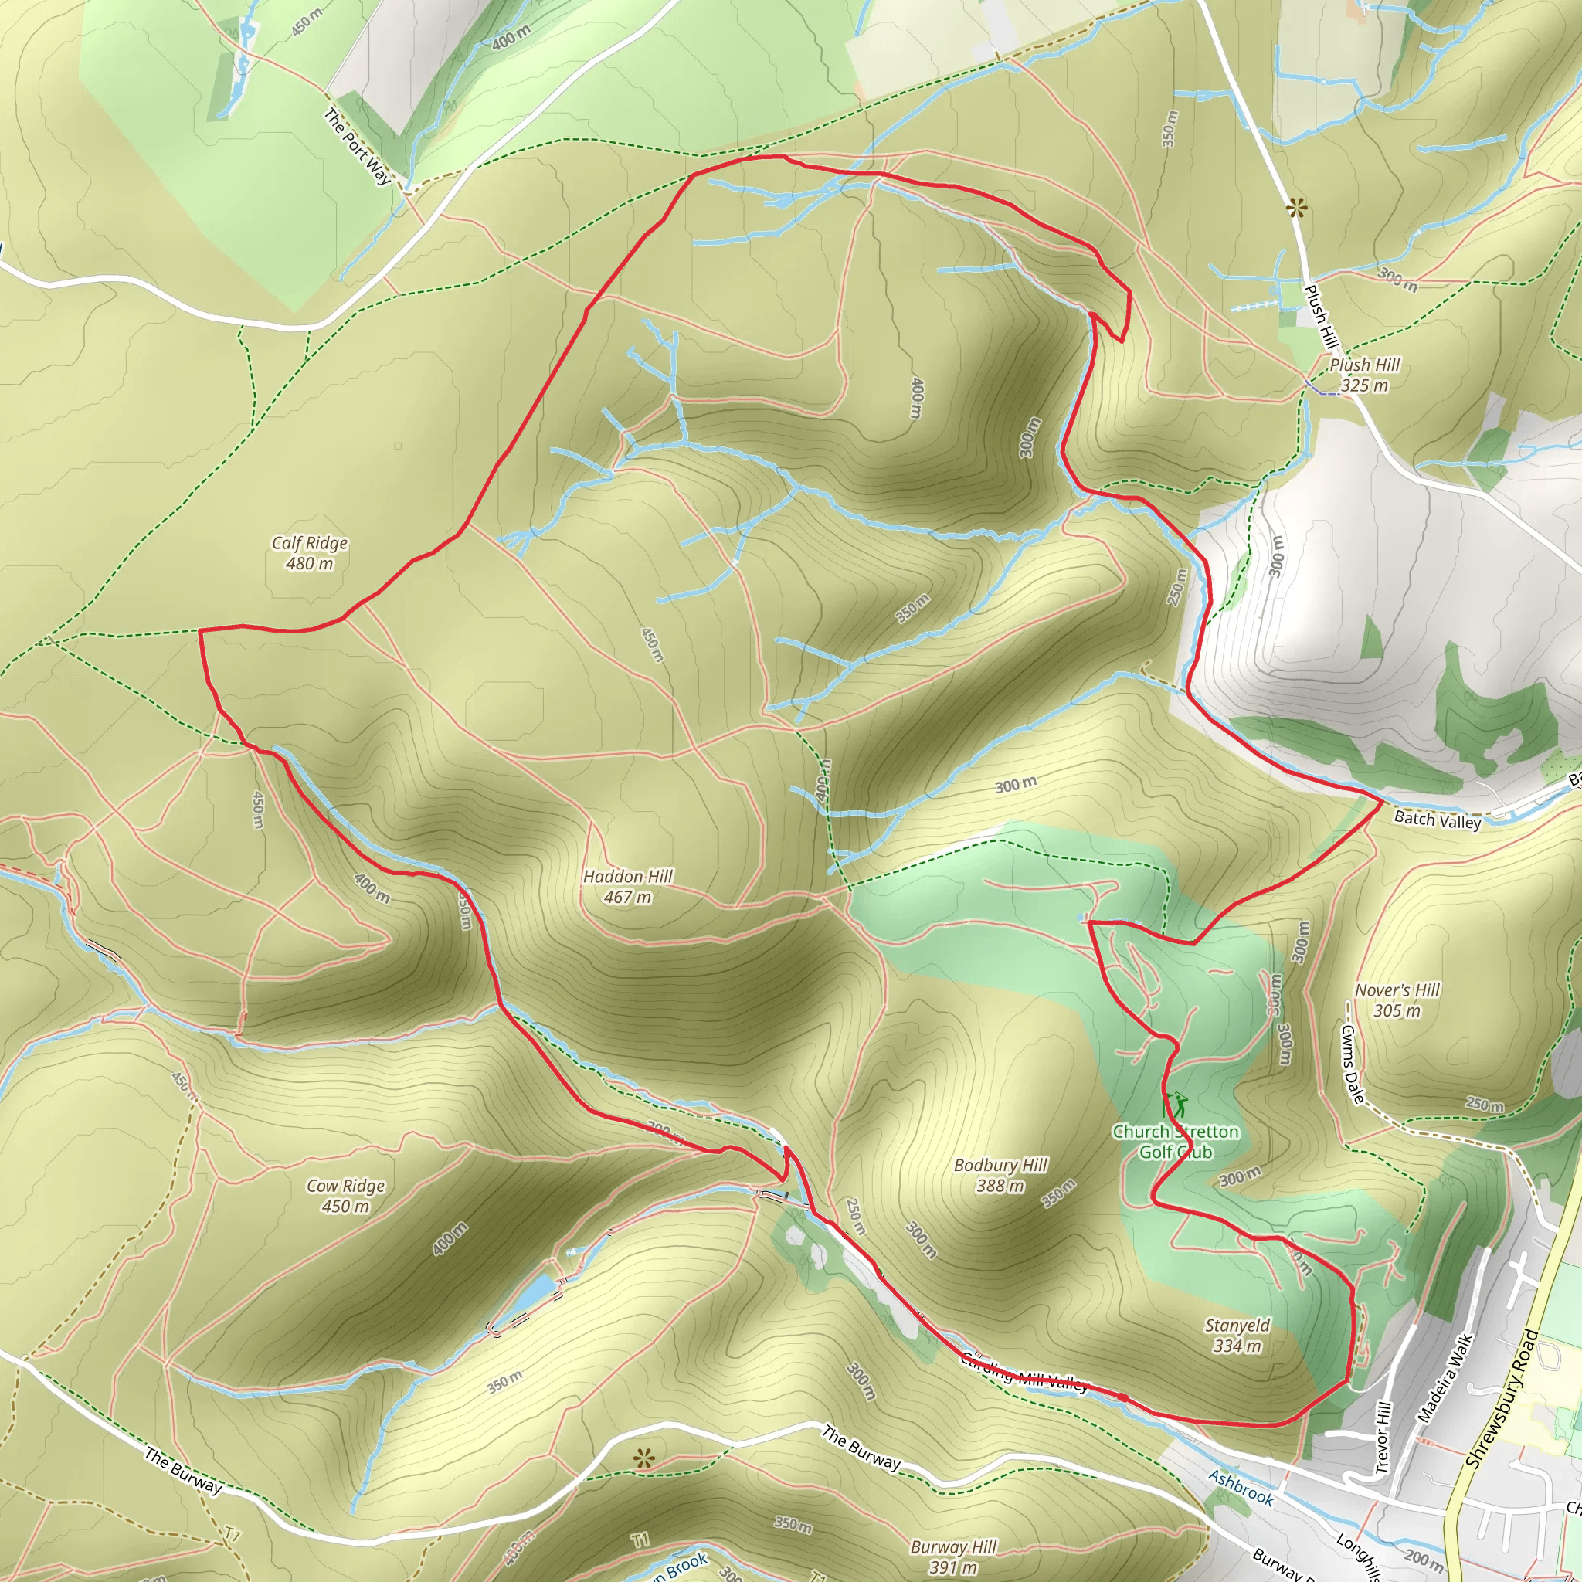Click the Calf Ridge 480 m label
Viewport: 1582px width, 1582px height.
coord(310,553)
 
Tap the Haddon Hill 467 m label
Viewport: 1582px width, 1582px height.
coord(627,887)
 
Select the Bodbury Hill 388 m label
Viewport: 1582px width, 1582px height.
coord(1000,1175)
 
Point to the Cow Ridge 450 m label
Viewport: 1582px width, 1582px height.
coord(345,1196)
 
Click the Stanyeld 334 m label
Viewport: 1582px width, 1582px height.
coord(1237,1336)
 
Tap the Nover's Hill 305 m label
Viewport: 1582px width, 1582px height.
coord(1397,1000)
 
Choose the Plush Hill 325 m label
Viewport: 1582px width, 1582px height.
coord(1364,375)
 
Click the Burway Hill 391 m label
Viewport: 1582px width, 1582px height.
coord(953,1557)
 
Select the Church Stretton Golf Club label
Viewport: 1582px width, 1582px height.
coord(1176,1142)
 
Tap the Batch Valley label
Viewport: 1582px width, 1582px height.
coord(1437,819)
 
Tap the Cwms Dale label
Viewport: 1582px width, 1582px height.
coord(1352,1064)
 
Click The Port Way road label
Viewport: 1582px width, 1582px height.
coord(358,146)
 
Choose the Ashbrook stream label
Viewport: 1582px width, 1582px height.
coord(1241,1488)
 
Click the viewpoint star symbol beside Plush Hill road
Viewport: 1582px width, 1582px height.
coord(1295,208)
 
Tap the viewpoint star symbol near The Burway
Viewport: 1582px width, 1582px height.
coord(644,1458)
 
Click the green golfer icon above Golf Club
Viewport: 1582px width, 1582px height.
coord(1179,1105)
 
